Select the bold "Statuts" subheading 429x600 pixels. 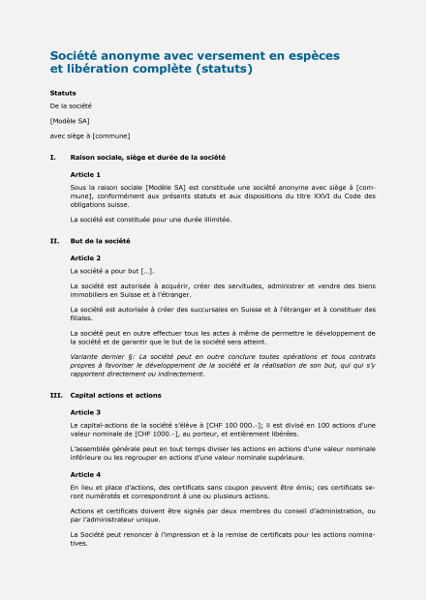[63, 93]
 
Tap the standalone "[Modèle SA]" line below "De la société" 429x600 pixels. [68, 120]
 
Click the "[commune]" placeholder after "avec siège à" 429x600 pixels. [110, 135]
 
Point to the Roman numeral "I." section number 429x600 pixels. [52, 156]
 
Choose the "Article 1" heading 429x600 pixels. [85, 173]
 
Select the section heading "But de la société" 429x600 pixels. [100, 240]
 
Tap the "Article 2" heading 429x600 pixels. [85, 257]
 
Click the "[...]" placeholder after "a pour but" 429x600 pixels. [147, 271]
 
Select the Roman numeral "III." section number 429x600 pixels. [55, 395]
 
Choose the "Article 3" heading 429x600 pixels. [85, 412]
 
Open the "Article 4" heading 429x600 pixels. [85, 474]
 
